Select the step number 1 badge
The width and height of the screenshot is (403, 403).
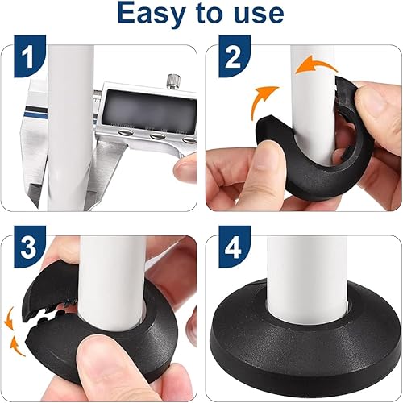click(x=30, y=56)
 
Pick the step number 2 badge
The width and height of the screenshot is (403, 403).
click(x=235, y=56)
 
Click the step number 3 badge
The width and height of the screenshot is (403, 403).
click(x=30, y=247)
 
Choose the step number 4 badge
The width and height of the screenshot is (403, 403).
click(x=235, y=247)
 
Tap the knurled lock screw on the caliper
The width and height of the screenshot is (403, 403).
click(x=174, y=81)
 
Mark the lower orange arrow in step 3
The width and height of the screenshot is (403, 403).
click(x=15, y=347)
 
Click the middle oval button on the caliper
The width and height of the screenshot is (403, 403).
click(x=158, y=136)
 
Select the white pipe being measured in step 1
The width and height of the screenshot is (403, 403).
click(x=70, y=127)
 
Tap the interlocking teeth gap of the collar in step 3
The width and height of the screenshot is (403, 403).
click(x=50, y=313)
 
